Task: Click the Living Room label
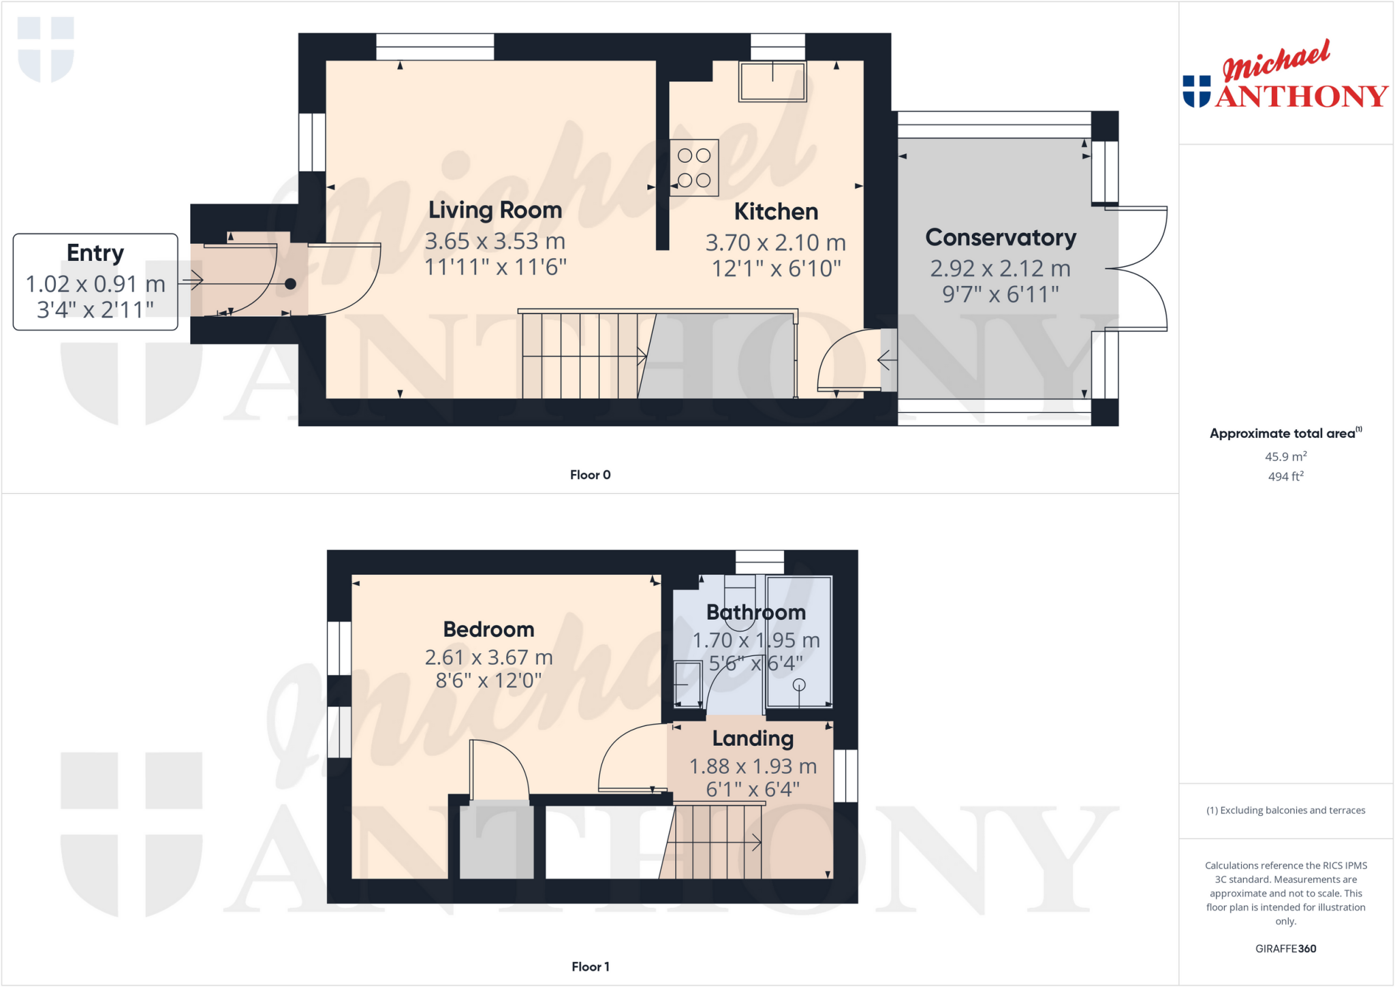click(495, 210)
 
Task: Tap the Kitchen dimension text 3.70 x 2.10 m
click(775, 242)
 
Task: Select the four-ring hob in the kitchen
click(694, 168)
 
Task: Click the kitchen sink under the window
click(772, 82)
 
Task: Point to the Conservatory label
click(1000, 238)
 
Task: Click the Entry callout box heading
click(95, 253)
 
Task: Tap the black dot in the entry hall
click(290, 284)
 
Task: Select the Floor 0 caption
click(590, 475)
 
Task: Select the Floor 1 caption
click(590, 967)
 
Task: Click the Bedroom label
click(488, 629)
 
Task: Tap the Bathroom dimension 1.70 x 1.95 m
click(756, 640)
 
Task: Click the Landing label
click(753, 738)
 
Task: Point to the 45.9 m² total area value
click(1285, 456)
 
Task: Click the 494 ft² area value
click(1285, 477)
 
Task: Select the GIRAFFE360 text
click(1285, 948)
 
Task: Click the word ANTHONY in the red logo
click(1301, 97)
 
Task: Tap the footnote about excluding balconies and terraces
click(1285, 810)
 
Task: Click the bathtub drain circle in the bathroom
click(799, 685)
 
